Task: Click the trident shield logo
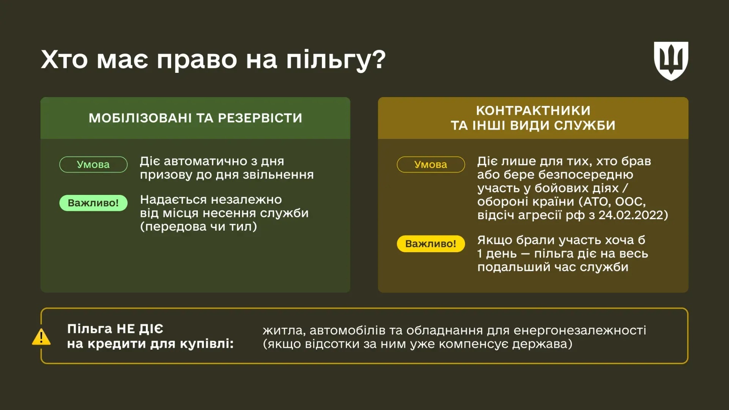pyautogui.click(x=671, y=61)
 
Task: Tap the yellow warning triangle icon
pyautogui.click(x=41, y=337)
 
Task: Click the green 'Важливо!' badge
pyautogui.click(x=93, y=203)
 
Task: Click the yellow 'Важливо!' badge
pyautogui.click(x=431, y=243)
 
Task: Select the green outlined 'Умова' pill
pyautogui.click(x=93, y=164)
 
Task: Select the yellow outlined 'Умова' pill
pyautogui.click(x=431, y=164)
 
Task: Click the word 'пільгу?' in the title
pyautogui.click(x=336, y=60)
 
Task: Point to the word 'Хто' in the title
pyautogui.click(x=64, y=60)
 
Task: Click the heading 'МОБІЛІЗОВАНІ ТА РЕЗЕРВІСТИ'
pyautogui.click(x=195, y=118)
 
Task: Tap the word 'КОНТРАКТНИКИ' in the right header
pyautogui.click(x=533, y=110)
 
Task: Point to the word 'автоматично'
pyautogui.click(x=205, y=161)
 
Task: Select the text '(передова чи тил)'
pyautogui.click(x=198, y=226)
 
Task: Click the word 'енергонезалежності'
pyautogui.click(x=579, y=330)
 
